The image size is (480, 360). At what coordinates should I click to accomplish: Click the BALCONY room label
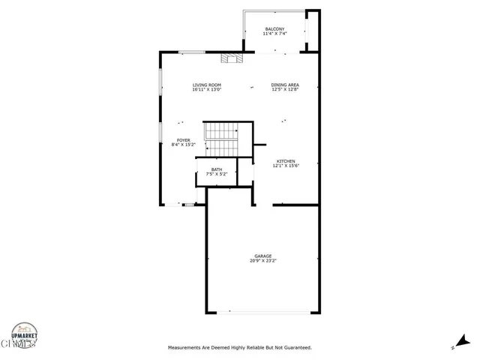click(274, 29)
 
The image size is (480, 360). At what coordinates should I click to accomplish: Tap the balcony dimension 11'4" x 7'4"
click(274, 34)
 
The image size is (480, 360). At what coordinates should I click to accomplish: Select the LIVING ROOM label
click(207, 85)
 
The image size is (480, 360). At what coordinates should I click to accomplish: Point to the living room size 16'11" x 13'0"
click(207, 90)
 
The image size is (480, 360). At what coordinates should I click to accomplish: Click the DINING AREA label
click(285, 85)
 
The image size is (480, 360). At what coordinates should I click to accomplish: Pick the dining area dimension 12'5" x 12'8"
click(285, 90)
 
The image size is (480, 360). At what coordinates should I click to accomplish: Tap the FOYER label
click(183, 140)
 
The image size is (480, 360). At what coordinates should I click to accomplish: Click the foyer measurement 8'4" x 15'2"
click(183, 145)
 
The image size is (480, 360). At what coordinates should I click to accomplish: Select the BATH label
click(216, 169)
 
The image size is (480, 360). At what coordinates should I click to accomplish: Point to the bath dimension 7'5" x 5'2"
click(216, 174)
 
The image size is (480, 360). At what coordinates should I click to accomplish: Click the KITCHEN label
click(285, 161)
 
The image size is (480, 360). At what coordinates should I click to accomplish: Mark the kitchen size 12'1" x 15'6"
click(285, 166)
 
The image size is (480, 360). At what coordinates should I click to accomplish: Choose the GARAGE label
click(263, 256)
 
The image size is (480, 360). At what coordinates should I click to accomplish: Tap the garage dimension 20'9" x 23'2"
click(263, 261)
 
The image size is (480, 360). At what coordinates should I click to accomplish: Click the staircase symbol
click(220, 139)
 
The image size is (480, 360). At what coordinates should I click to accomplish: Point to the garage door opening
click(262, 313)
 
